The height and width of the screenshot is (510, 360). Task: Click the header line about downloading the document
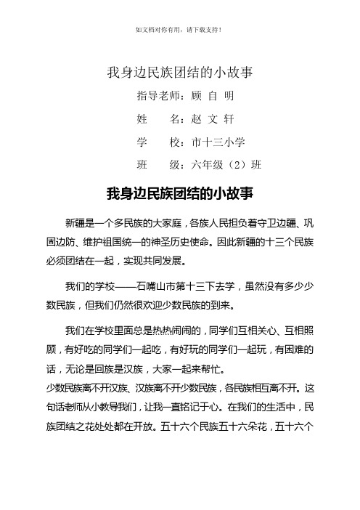[179, 30]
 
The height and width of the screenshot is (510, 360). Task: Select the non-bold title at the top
[179, 72]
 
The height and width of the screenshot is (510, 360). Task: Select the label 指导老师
[155, 95]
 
